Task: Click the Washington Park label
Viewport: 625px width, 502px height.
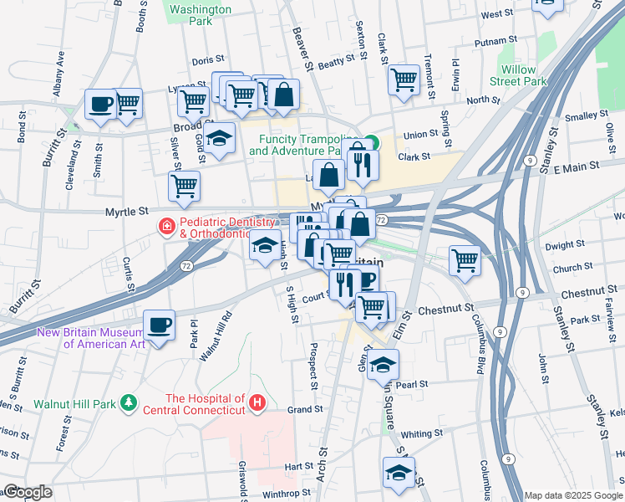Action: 200,14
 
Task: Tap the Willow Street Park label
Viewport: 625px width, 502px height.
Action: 524,75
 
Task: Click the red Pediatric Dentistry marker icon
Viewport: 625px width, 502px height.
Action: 166,226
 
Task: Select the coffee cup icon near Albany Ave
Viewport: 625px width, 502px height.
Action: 101,105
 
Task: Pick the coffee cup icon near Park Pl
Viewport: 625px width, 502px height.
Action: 159,325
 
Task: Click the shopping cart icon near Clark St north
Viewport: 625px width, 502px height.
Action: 404,79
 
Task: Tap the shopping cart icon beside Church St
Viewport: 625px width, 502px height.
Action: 464,259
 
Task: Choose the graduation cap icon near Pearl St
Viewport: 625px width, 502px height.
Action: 383,364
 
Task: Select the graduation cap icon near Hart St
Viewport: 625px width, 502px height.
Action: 399,472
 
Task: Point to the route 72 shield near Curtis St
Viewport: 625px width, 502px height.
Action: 188,265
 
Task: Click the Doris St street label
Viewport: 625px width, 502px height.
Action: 208,60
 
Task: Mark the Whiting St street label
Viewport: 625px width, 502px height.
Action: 420,433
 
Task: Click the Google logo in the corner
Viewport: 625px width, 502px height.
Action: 27,492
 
